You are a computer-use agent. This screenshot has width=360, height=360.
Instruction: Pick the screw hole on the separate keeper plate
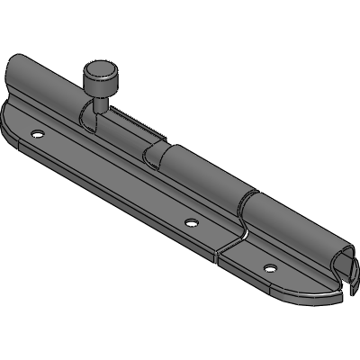(x=268, y=266)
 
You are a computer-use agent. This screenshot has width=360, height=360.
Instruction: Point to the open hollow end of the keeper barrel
(x=344, y=267)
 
